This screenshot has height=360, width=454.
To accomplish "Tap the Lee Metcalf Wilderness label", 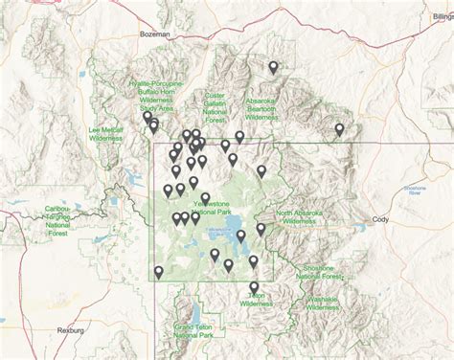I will (x=113, y=134).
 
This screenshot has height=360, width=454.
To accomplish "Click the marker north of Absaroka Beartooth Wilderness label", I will (x=274, y=67).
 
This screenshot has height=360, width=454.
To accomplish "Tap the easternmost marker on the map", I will (x=339, y=128).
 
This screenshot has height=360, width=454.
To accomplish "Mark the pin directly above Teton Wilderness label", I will (x=254, y=286).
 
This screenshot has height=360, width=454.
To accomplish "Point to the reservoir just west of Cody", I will (x=358, y=222).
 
